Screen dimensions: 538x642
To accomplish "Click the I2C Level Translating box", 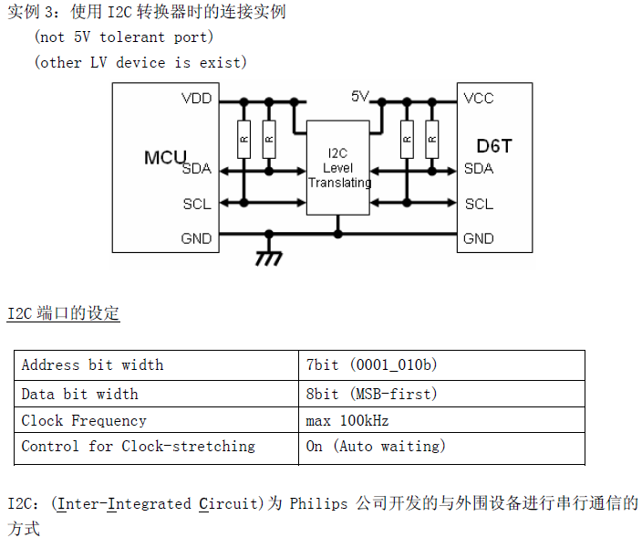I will (x=338, y=167).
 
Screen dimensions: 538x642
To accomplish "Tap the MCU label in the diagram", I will (x=165, y=157).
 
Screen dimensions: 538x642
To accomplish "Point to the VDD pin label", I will (x=196, y=99).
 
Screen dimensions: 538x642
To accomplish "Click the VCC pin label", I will (x=479, y=99).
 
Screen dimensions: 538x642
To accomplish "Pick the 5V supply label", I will (x=360, y=96).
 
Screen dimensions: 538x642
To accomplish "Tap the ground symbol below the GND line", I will (x=267, y=258).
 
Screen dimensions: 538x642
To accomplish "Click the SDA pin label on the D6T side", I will (x=479, y=168).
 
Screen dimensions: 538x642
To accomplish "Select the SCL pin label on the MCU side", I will (x=197, y=204).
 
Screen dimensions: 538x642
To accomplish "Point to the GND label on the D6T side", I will (x=479, y=238).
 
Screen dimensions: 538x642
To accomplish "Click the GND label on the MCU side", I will (x=196, y=238).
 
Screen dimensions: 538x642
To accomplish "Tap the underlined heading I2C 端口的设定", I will (x=64, y=313).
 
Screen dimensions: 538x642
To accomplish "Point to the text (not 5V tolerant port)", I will (x=124, y=37).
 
